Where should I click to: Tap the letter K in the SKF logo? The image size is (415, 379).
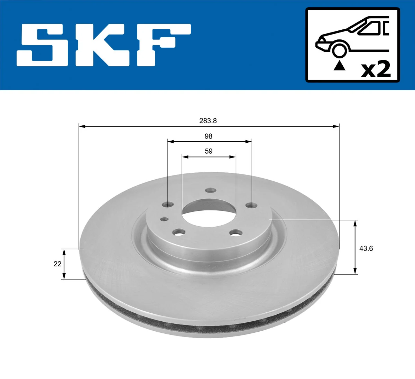(103, 45)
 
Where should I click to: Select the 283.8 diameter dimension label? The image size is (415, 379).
(208, 121)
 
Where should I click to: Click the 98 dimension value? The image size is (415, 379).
(208, 136)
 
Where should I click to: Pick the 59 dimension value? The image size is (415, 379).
(209, 151)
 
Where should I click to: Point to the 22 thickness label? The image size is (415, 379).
(57, 264)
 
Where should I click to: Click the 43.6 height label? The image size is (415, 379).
(366, 248)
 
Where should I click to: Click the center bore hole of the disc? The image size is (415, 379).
(209, 211)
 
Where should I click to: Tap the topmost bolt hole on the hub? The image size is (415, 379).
(210, 190)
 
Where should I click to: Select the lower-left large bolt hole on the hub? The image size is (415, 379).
(179, 233)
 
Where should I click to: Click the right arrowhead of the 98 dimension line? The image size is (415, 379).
(248, 141)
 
